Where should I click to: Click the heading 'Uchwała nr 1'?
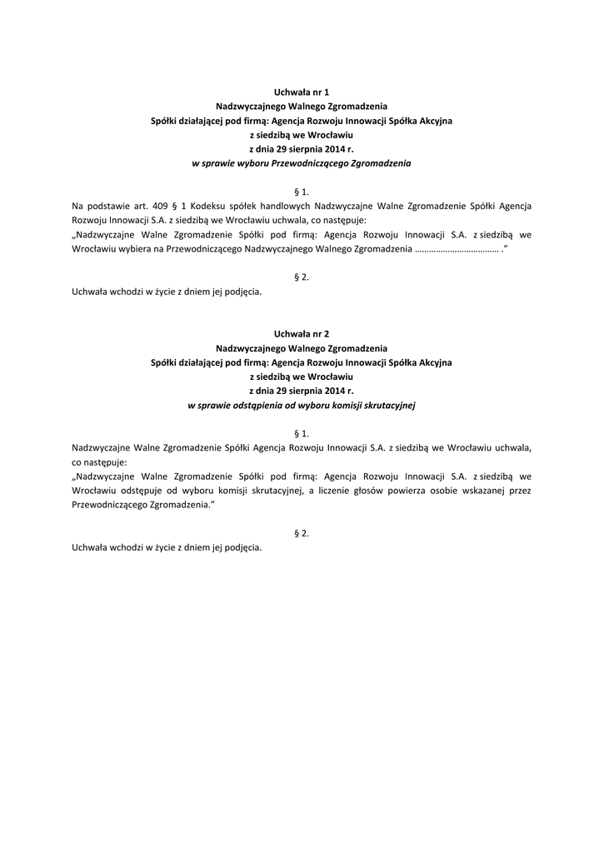coord(302,92)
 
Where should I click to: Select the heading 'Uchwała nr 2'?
coord(302,333)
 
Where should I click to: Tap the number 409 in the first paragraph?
coord(162,205)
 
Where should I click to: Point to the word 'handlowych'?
coord(282,205)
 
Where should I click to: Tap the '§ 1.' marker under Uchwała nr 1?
coord(302,191)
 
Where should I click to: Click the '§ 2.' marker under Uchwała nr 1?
coord(302,277)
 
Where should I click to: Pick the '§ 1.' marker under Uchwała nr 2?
coord(302,433)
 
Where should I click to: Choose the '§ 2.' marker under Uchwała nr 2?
coord(302,533)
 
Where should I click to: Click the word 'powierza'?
coord(413,491)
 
